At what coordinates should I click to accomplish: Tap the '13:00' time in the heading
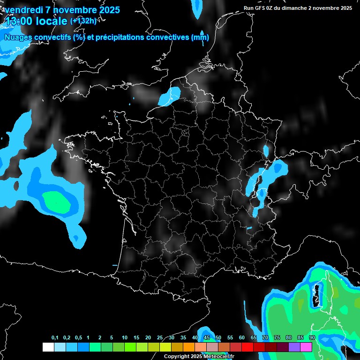pyautogui.click(x=19, y=22)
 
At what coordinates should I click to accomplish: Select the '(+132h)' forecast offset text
pyautogui.click(x=83, y=21)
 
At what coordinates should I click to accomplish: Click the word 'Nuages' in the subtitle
pyautogui.click(x=18, y=37)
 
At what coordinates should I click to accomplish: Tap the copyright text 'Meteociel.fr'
pyautogui.click(x=219, y=356)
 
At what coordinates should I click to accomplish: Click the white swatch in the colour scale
pyautogui.click(x=48, y=347)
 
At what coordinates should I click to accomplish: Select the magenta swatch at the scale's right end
pyautogui.click(x=306, y=347)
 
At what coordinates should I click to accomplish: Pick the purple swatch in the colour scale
pyautogui.click(x=294, y=347)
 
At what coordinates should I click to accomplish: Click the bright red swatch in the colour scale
pyautogui.click(x=247, y=347)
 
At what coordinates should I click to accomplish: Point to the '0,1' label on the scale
pyautogui.click(x=55, y=338)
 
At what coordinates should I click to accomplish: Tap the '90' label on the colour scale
pyautogui.click(x=312, y=338)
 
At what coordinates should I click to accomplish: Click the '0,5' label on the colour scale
pyautogui.click(x=78, y=338)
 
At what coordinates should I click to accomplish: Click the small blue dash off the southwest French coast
pyautogui.click(x=114, y=265)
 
